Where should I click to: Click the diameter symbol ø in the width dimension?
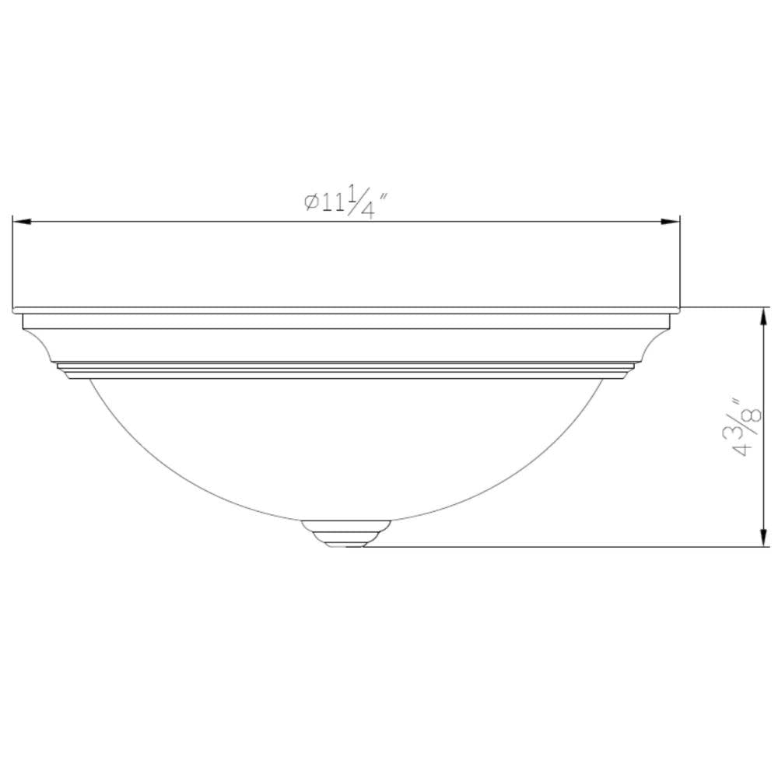click(310, 202)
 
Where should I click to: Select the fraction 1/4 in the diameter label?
click(359, 202)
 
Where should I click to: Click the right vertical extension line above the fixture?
click(681, 265)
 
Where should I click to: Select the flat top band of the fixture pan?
click(347, 321)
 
